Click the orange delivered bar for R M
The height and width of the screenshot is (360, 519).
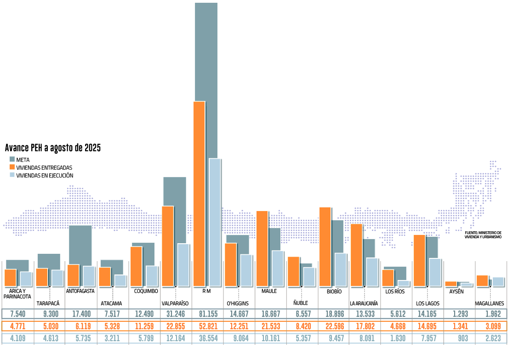point(199,193)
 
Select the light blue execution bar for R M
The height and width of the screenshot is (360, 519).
point(215,223)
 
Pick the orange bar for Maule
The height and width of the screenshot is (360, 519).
point(262,248)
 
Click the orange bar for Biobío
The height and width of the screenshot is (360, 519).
point(325,246)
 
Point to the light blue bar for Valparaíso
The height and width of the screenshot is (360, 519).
point(183,265)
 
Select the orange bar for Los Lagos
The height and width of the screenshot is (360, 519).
point(420,260)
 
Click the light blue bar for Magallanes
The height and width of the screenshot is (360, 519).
point(498,281)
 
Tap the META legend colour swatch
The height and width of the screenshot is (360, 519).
point(12,160)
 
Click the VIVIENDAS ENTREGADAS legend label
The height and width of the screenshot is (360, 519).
point(44,168)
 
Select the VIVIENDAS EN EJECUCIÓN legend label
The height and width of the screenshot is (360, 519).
point(45,176)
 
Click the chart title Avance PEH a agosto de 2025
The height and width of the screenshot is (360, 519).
point(53,148)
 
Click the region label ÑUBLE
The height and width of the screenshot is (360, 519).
point(301,303)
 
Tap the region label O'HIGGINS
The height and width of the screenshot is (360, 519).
point(238,303)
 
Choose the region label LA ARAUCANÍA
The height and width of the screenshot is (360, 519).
point(364,303)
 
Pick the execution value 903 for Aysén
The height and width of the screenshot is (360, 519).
point(462,338)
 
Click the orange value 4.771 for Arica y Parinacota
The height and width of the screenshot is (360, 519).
point(18,326)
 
